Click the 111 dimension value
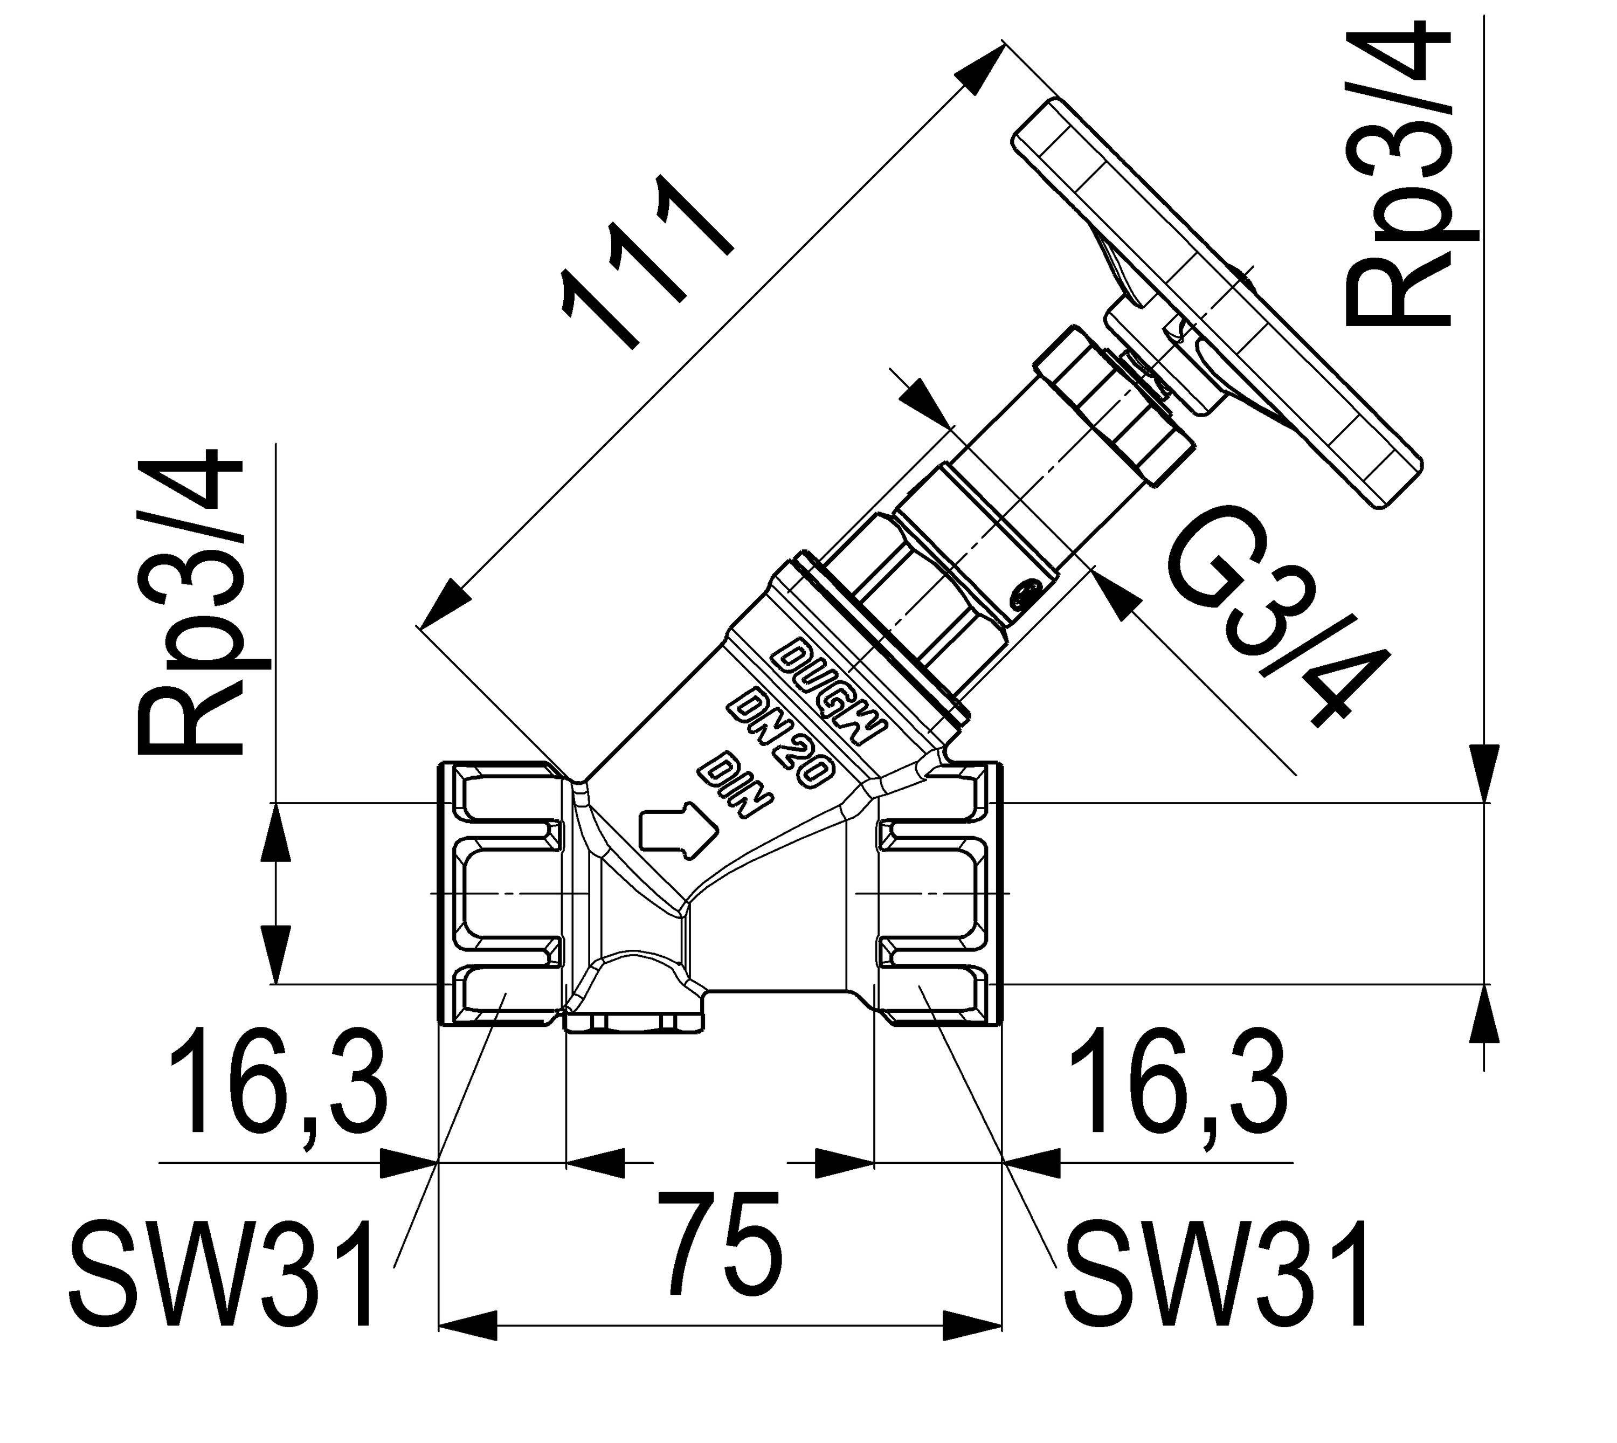coord(646,261)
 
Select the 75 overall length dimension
coord(720,1242)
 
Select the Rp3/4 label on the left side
coord(190,603)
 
